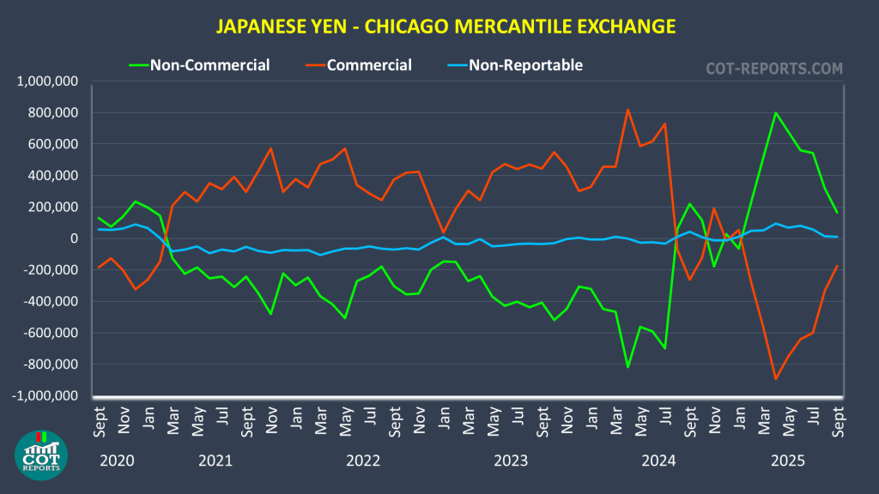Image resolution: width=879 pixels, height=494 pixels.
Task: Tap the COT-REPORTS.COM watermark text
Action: [774, 68]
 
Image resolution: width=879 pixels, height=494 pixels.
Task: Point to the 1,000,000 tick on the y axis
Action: [49, 81]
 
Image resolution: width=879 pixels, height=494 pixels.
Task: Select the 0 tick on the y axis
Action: [75, 238]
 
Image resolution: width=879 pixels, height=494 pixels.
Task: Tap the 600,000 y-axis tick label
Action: [54, 144]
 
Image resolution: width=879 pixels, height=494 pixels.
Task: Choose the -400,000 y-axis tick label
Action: [52, 302]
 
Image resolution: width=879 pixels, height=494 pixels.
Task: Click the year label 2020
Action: [117, 461]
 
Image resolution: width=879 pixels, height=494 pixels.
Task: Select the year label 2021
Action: [215, 461]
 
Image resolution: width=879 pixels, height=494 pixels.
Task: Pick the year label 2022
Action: [363, 461]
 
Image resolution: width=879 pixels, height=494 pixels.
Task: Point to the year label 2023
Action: [512, 461]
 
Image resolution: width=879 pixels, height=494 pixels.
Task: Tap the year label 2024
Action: [659, 461]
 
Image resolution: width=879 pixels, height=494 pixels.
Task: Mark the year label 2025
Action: [787, 461]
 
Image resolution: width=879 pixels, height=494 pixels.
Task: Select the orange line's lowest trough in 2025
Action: [776, 378]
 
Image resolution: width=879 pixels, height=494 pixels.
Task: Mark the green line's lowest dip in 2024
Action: [627, 367]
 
